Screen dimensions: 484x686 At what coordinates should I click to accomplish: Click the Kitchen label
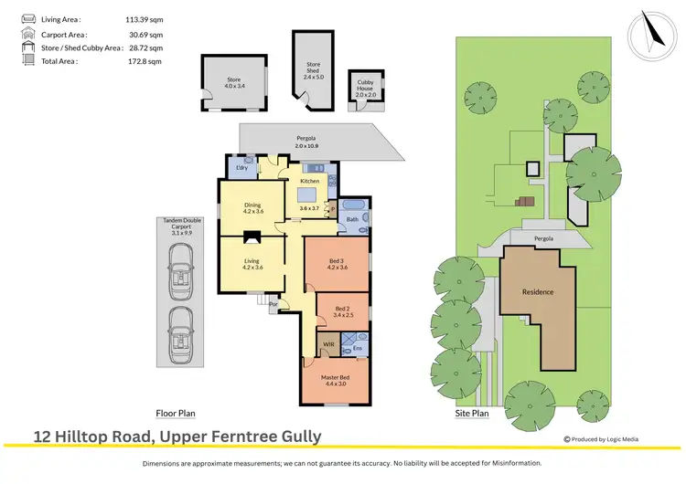coord(309,182)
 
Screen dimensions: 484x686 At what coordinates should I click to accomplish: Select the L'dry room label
coord(242,168)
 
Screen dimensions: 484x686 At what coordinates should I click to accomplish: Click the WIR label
coord(328,345)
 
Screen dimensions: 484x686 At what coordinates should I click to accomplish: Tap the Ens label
coord(358,348)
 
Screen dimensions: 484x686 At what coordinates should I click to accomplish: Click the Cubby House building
coord(366,90)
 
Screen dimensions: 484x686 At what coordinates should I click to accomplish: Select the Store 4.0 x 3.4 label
coord(234,82)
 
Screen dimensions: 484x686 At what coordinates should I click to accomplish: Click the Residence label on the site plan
coord(538,293)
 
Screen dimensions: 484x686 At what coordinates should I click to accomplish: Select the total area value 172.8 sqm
coord(144,61)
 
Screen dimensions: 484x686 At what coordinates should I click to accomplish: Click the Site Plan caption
coord(472,413)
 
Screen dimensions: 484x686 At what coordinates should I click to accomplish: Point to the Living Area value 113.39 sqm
coord(144,18)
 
